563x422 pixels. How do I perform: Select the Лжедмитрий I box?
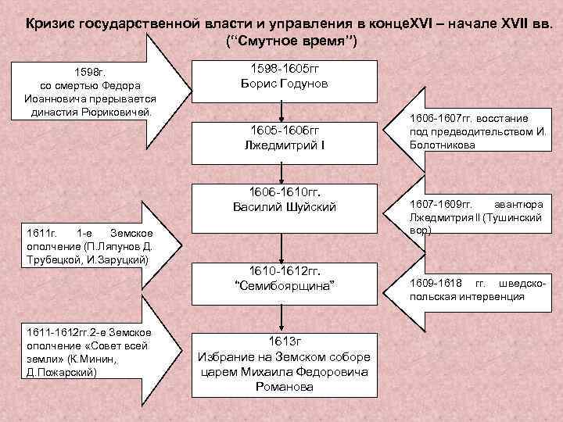[285, 138]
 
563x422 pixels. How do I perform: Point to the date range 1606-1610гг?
[285, 191]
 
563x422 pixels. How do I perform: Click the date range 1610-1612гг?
[285, 270]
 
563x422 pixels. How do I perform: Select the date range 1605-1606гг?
[285, 129]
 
